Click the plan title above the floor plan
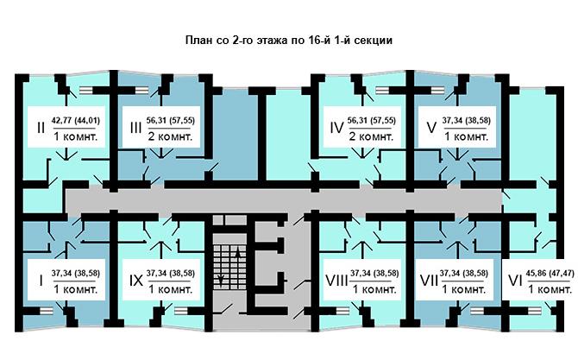click(289, 41)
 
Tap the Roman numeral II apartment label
click(41, 128)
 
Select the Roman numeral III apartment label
click(135, 128)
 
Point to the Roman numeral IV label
click(337, 128)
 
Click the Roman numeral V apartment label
click(431, 128)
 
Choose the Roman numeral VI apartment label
click(515, 281)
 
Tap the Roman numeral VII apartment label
click(429, 281)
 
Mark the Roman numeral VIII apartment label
click(337, 281)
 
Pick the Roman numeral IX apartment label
click(136, 281)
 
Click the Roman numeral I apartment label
click(41, 281)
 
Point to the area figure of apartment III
click(170, 120)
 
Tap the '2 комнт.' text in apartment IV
click(371, 137)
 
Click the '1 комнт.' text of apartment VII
click(464, 289)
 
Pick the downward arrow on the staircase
click(221, 273)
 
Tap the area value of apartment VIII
click(374, 274)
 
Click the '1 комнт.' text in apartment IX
click(171, 289)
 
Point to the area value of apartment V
click(467, 120)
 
